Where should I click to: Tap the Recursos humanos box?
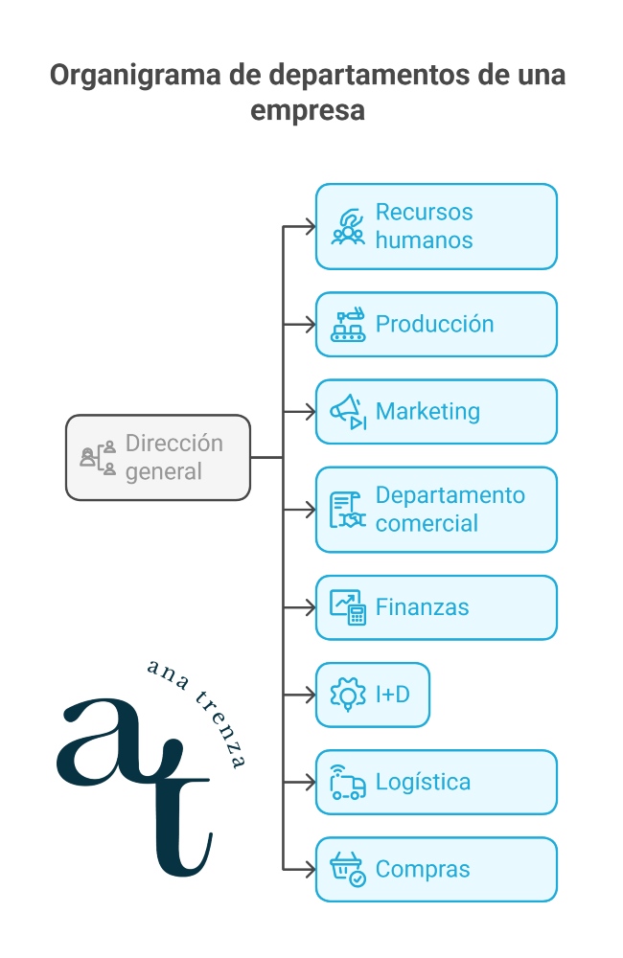click(x=436, y=226)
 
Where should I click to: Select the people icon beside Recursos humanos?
click(x=348, y=226)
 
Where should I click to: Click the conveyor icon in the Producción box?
click(x=348, y=325)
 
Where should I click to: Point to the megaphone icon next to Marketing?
click(x=348, y=412)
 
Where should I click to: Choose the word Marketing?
click(x=427, y=412)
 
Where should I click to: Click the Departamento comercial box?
click(x=436, y=510)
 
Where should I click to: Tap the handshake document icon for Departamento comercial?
click(x=348, y=511)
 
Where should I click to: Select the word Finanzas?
click(x=423, y=607)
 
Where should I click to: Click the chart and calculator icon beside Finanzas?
click(x=348, y=607)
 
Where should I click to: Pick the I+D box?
click(x=373, y=695)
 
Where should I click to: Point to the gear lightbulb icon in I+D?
click(x=348, y=695)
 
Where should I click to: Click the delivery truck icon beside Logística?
click(x=348, y=783)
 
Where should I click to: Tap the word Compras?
click(x=423, y=870)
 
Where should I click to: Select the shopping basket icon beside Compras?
click(x=348, y=870)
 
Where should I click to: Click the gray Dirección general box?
click(x=158, y=458)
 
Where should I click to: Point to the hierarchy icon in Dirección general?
click(x=98, y=458)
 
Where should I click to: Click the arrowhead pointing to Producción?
click(x=310, y=325)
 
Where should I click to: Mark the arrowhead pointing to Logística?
click(x=310, y=783)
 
